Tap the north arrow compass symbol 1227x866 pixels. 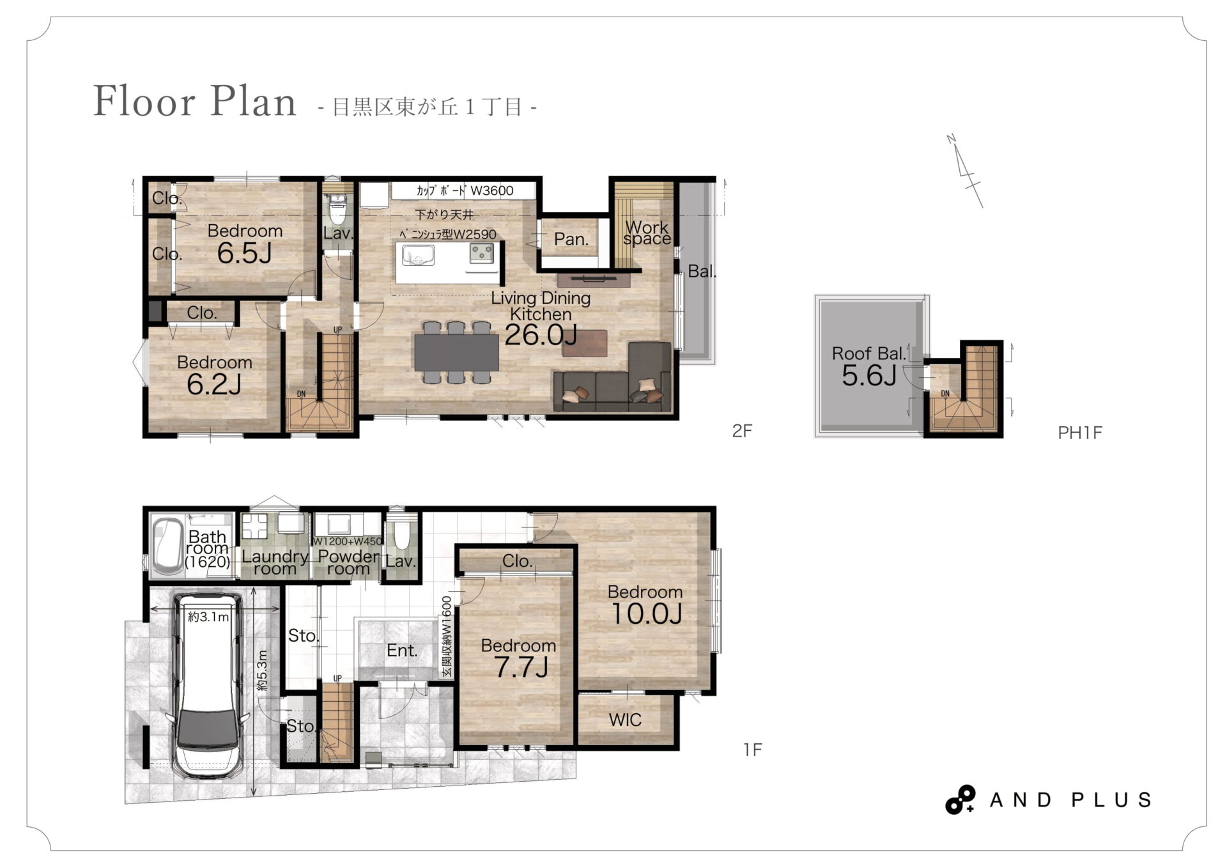965,171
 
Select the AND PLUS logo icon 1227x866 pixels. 960,800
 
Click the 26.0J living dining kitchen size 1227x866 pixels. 541,335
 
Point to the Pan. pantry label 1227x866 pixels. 571,239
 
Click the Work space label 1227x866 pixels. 647,233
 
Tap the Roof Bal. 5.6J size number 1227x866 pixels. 869,375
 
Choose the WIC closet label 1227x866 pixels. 625,720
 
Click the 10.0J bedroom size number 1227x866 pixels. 647,614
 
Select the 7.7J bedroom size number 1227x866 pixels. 521,667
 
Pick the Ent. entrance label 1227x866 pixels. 402,651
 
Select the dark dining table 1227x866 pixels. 456,353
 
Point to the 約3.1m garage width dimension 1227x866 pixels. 208,617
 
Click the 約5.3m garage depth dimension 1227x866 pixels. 262,670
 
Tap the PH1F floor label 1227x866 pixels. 1080,433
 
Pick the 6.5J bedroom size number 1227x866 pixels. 245,254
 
